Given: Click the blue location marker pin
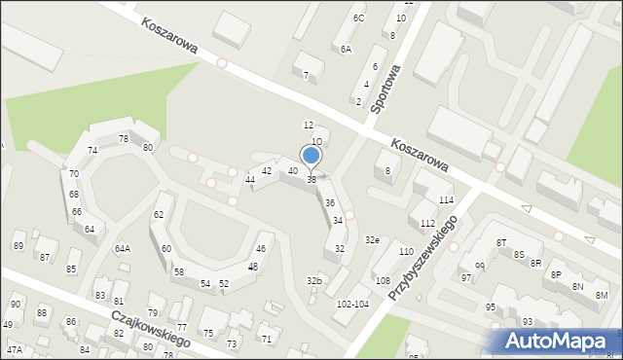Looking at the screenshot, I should [x=311, y=155].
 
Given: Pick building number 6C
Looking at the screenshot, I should [x=359, y=18].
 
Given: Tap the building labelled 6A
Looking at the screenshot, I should [x=346, y=49].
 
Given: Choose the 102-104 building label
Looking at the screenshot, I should [x=351, y=304].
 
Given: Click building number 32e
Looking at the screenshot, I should [x=372, y=239].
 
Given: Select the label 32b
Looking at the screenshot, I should [x=313, y=280].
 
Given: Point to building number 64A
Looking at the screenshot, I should [x=123, y=248].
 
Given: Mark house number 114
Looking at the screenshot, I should [x=446, y=200].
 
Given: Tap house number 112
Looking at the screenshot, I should [x=427, y=224].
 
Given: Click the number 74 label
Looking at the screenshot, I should [x=92, y=151].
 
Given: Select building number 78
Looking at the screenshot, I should [x=124, y=139].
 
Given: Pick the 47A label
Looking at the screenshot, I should [x=14, y=349].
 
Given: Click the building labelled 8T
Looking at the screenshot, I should [x=501, y=242].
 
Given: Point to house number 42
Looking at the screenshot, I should [x=267, y=171].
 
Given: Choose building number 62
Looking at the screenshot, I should [x=159, y=214].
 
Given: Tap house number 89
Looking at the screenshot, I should [x=18, y=246].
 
